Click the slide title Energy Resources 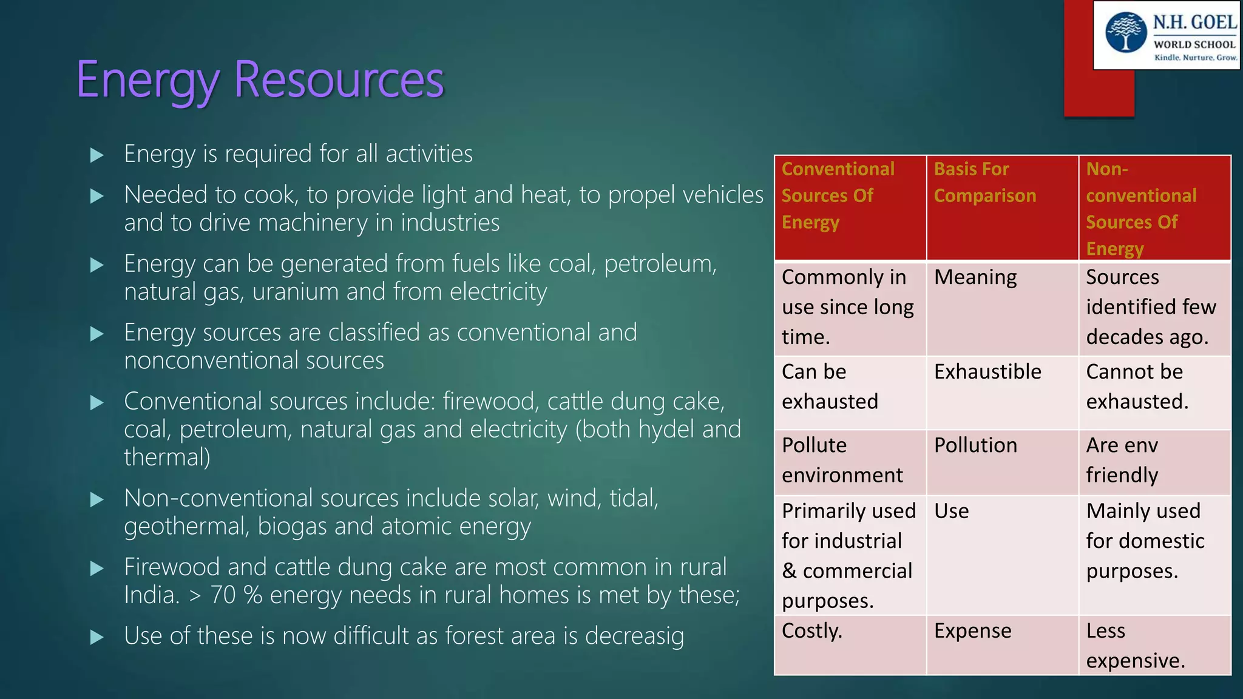260,80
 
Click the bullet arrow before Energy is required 97,155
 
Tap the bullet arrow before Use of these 97,637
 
